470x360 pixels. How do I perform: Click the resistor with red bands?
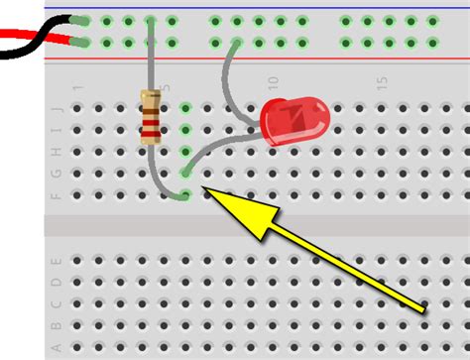(x=151, y=116)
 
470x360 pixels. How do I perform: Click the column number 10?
(x=273, y=85)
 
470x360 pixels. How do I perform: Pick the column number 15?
(x=382, y=85)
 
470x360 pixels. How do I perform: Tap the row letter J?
(x=56, y=108)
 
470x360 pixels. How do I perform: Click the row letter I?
(x=56, y=130)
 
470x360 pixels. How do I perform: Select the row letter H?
(x=56, y=152)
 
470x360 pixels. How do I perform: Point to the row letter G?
(x=56, y=174)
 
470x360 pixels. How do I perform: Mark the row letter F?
(x=56, y=195)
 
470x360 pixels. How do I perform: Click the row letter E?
(x=56, y=260)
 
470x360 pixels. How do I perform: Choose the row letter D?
(x=56, y=282)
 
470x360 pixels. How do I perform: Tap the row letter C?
(x=56, y=303)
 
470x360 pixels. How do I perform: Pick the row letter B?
(x=56, y=325)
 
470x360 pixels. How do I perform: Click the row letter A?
(x=56, y=346)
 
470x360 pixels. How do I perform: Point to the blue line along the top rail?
(x=297, y=7)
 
